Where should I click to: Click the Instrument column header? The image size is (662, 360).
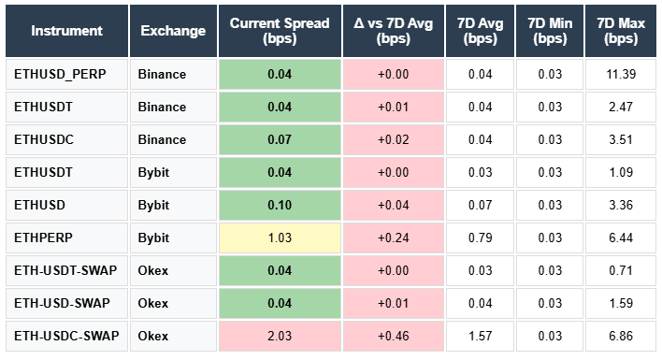[66, 31]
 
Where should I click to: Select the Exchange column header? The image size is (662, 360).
[173, 31]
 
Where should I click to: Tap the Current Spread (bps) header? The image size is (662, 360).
[279, 31]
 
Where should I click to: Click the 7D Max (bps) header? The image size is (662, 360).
[621, 31]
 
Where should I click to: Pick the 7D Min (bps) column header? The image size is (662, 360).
[550, 31]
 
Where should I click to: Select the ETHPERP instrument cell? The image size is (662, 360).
[44, 238]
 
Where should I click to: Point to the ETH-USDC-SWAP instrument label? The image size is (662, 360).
[66, 336]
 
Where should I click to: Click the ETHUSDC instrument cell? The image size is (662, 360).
[44, 139]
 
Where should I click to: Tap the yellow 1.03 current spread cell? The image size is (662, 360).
[279, 238]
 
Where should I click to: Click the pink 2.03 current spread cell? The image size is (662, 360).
[279, 336]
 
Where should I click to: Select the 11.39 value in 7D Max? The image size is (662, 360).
[621, 74]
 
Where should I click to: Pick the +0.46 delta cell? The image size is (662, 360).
[393, 336]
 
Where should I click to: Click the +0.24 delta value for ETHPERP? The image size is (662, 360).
[393, 238]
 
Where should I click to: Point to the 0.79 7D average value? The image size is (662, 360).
[480, 238]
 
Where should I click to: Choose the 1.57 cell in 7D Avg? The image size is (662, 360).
[480, 336]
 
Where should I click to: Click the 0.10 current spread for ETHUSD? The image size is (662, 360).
[279, 205]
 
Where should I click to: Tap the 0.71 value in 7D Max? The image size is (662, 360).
[621, 270]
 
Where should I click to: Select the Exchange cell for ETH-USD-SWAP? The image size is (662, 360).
[154, 303]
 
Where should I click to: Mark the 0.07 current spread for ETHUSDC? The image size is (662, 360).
[279, 139]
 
